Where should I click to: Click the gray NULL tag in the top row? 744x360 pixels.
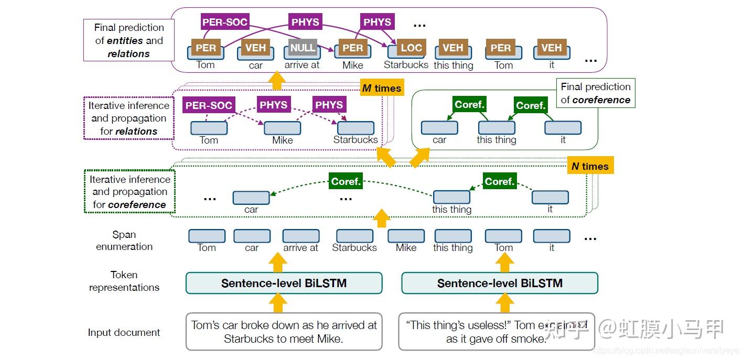coord(303,48)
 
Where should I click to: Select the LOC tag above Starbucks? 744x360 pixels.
coord(411,48)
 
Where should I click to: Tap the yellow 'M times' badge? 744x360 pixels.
coord(381,88)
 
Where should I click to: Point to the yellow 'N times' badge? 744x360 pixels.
coord(590,166)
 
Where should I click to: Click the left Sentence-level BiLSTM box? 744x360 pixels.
coord(284,283)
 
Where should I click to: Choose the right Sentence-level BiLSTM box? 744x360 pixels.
coord(499,283)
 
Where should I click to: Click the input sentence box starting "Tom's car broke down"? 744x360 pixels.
coord(284,332)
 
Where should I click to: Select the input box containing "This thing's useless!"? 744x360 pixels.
coord(496,332)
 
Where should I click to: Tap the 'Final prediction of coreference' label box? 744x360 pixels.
coord(595,93)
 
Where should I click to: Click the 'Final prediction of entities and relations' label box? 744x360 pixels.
coord(128,40)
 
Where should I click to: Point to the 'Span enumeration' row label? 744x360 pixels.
coord(124,241)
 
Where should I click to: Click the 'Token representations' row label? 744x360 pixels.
coord(124,281)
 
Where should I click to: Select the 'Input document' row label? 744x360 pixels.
coord(124,332)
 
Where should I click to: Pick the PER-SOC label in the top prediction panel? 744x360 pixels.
coord(224,22)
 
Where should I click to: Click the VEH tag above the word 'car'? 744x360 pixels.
coord(255,48)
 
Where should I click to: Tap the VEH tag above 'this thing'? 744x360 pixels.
coord(452,48)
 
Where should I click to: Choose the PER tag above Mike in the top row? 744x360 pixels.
coord(352,48)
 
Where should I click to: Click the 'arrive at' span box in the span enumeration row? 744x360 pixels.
coord(300,236)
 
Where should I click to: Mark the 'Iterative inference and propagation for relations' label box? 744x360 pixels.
coord(128,118)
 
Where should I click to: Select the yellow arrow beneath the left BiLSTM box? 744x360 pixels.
coord(278,303)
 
